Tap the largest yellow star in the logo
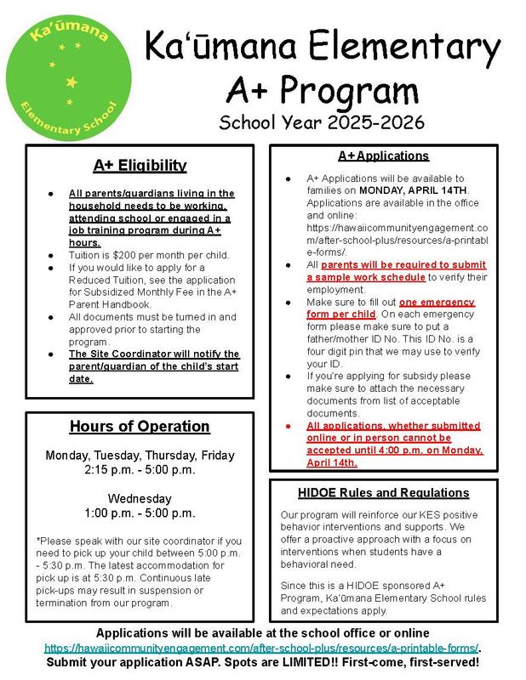[x=71, y=82]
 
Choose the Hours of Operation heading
[x=140, y=426]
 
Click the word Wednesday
[x=140, y=498]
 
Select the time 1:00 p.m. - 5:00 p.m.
[x=140, y=513]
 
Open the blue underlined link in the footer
[x=262, y=647]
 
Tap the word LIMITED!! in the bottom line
[x=321, y=660]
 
